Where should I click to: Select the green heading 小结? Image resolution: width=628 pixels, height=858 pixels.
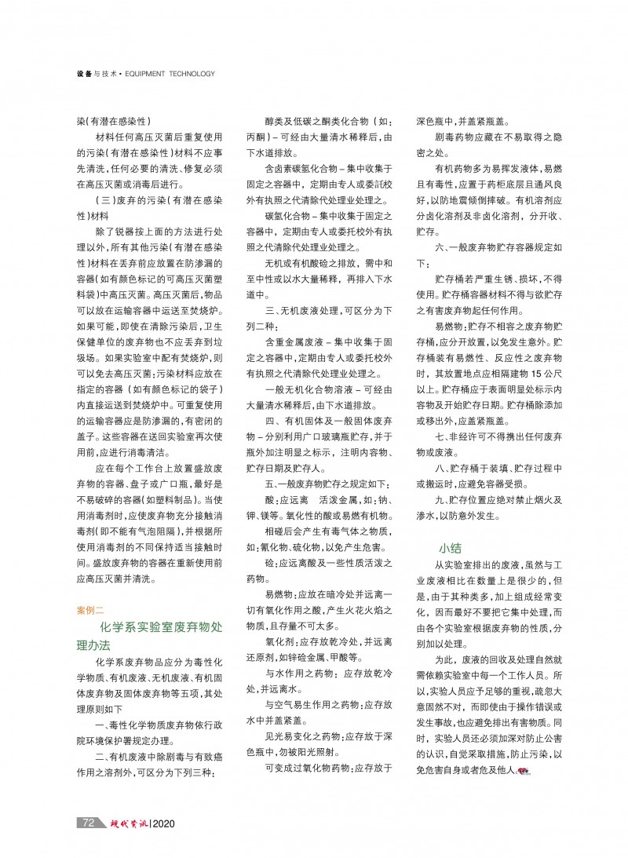(x=451, y=548)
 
